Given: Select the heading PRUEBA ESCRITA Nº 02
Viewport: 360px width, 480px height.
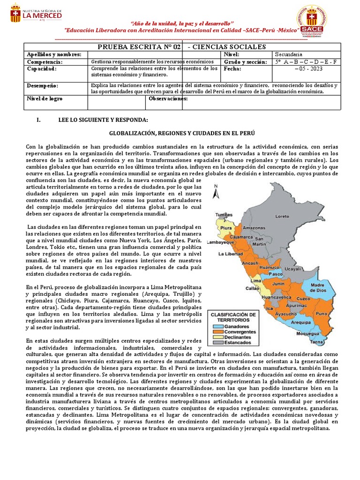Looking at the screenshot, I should [139, 46].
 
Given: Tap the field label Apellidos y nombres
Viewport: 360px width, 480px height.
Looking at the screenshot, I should [54, 54].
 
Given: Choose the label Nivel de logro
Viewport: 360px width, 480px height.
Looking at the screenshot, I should [45, 99].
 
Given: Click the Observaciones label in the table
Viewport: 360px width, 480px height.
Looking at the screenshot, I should [165, 99].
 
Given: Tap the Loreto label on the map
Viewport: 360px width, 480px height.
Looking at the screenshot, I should [282, 217].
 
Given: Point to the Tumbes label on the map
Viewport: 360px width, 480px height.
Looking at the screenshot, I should [224, 215].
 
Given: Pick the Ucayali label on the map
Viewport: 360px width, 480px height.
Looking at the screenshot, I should [292, 270].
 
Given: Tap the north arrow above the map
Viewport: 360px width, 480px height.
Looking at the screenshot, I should [216, 192].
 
